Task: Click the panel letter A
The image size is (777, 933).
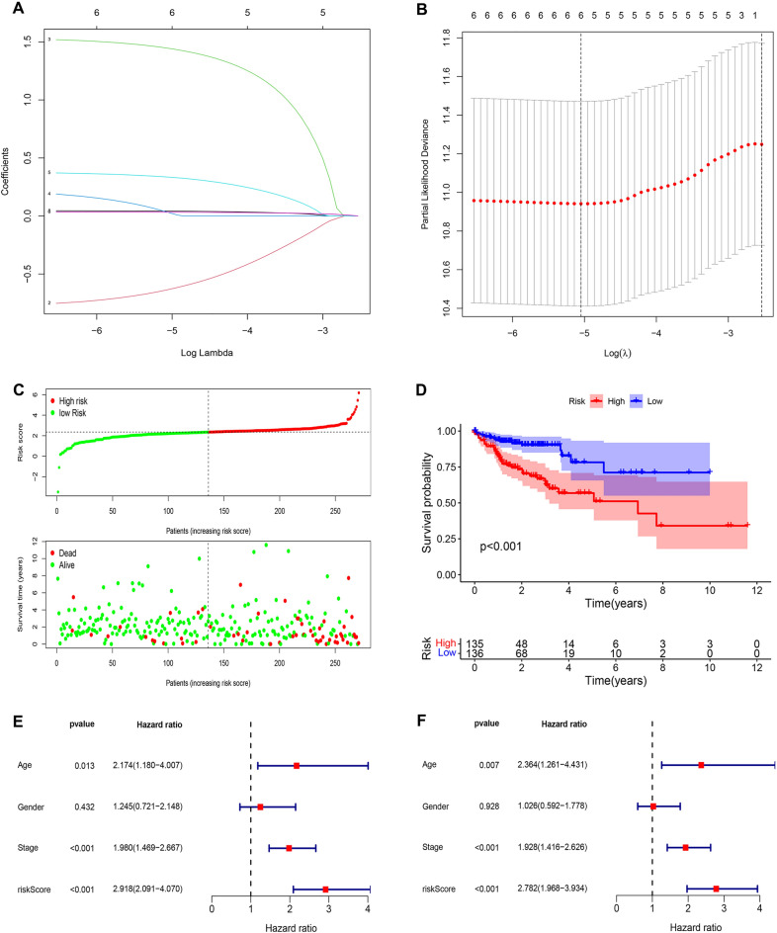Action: [x=10, y=9]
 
